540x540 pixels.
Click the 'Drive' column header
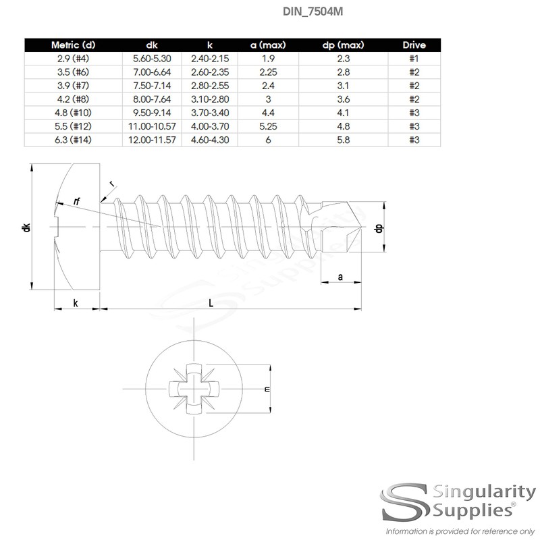414,45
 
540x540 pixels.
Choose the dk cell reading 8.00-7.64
152,99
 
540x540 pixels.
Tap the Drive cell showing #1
414,59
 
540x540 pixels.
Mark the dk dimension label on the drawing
26,227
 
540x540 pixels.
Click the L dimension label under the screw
211,302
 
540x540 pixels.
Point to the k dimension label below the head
76,303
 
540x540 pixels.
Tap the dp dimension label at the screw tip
379,227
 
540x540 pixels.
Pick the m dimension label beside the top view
267,389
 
